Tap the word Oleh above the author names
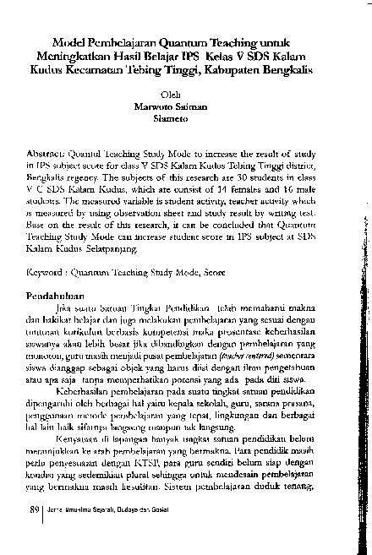pyautogui.click(x=171, y=95)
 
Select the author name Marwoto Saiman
pyautogui.click(x=171, y=106)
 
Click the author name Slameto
pyautogui.click(x=171, y=118)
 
